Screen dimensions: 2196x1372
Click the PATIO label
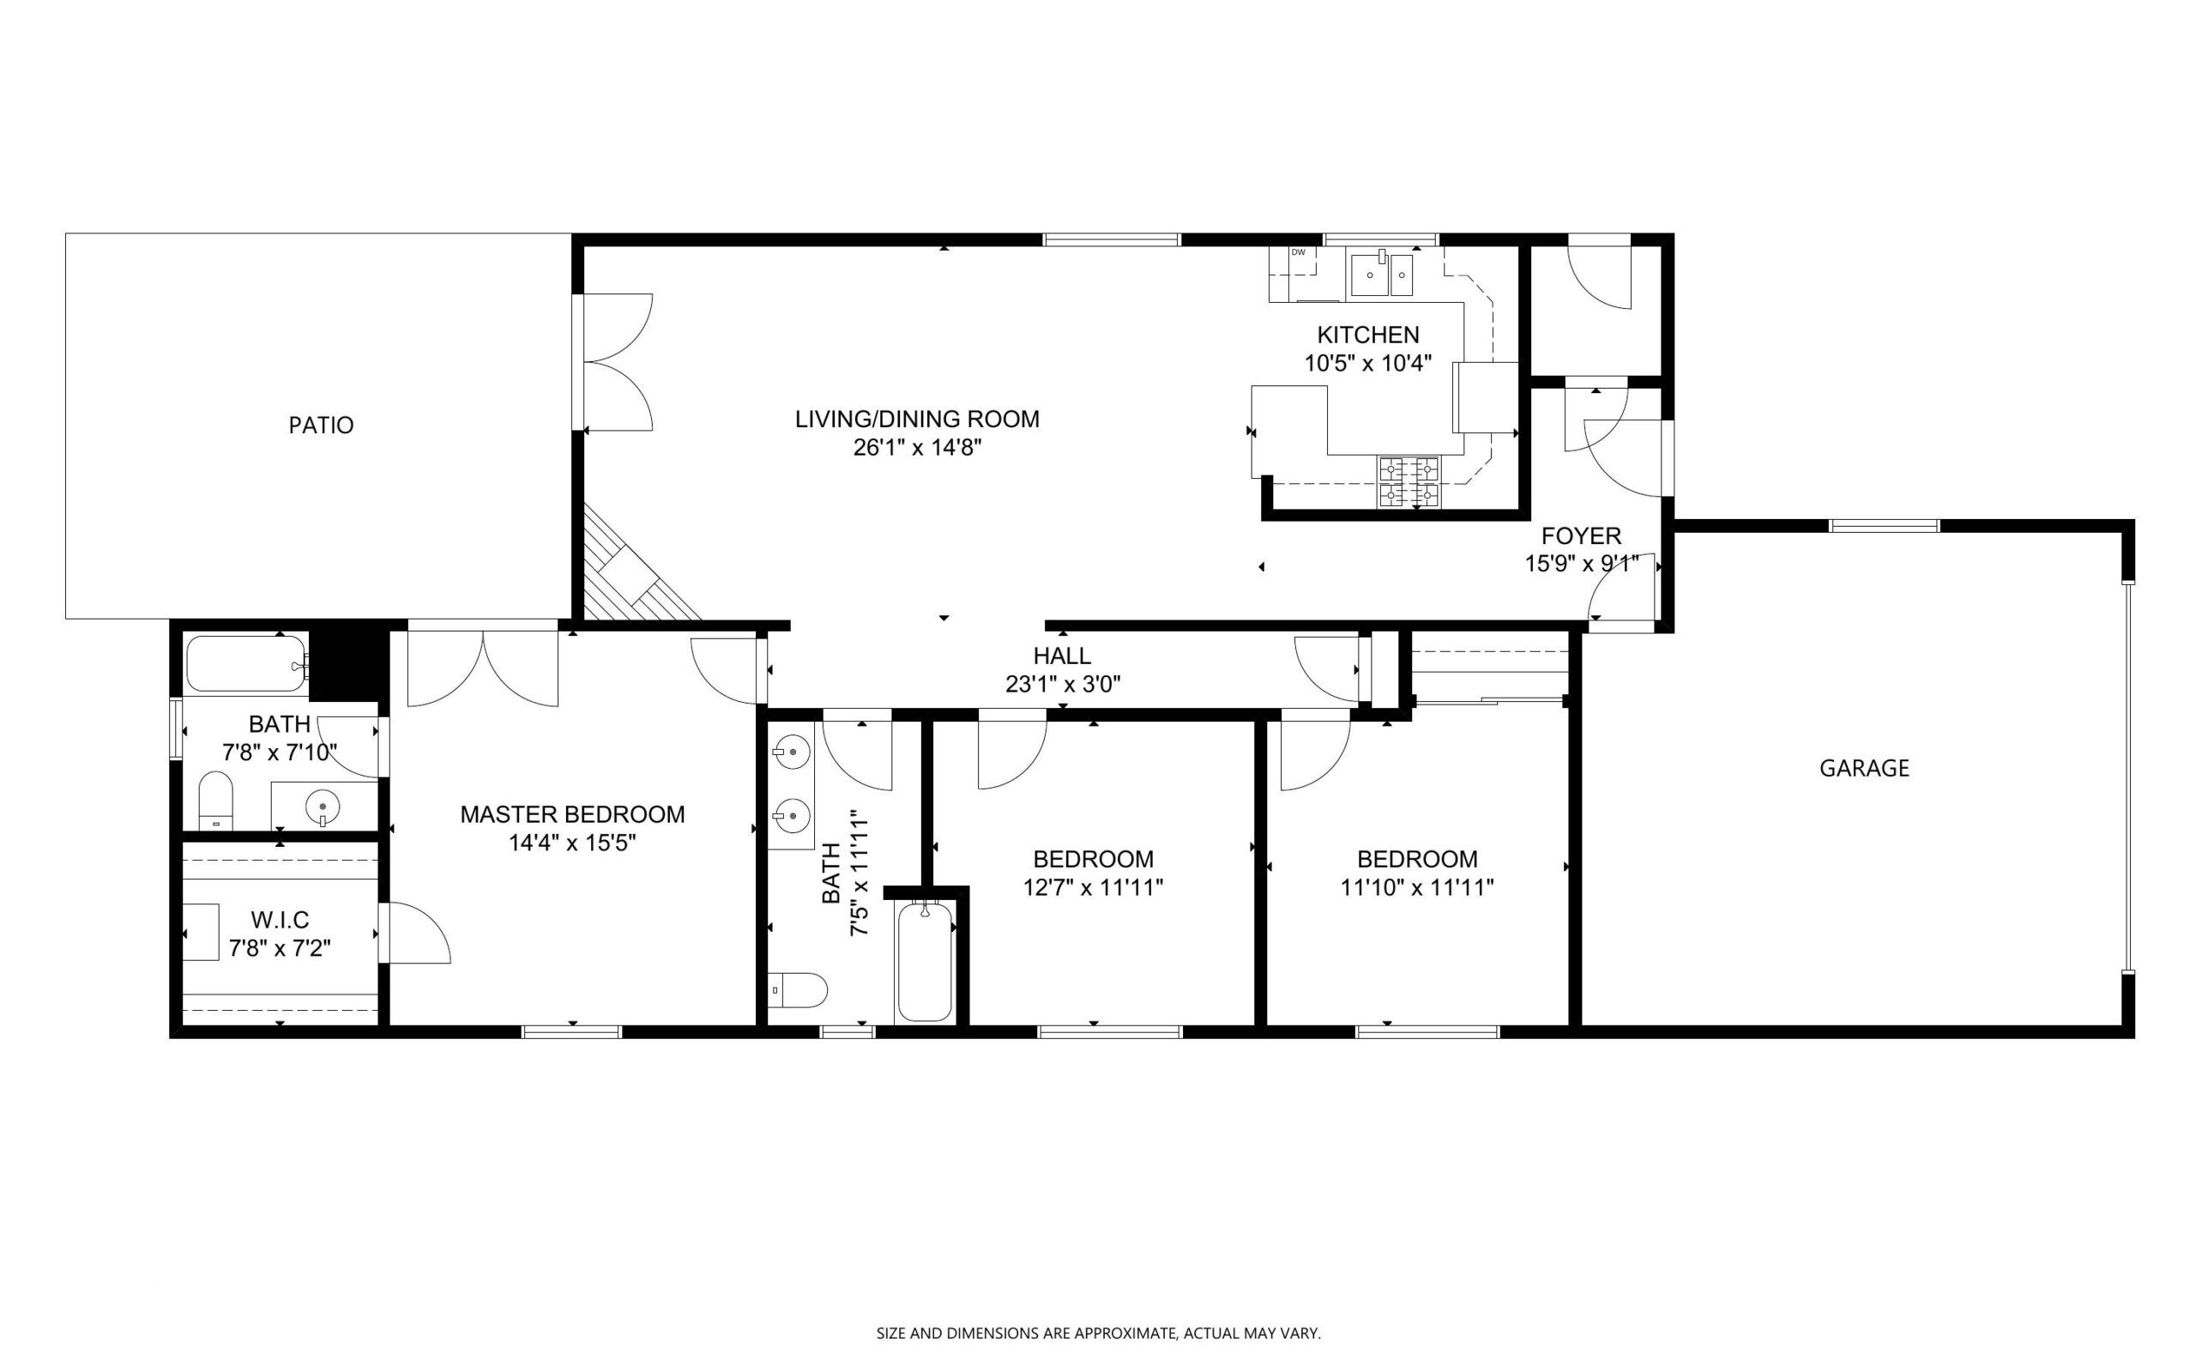tap(321, 425)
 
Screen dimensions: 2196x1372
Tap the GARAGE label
tap(1864, 769)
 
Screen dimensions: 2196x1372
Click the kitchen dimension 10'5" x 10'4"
tap(1368, 364)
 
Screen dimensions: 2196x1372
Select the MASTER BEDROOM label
tap(572, 815)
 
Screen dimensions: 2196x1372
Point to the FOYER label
tap(1581, 535)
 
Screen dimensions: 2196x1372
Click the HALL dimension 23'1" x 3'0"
tap(1063, 684)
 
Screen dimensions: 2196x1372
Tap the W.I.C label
tap(281, 920)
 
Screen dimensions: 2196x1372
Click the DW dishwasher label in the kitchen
tap(1298, 252)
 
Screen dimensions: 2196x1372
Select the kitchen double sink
tap(1381, 274)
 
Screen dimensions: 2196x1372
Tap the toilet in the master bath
tap(216, 801)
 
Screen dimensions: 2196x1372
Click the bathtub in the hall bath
tap(925, 962)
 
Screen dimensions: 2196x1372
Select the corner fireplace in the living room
tap(639, 566)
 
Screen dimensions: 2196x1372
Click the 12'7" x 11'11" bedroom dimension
tap(1093, 887)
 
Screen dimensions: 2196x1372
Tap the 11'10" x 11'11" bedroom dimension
tap(1417, 887)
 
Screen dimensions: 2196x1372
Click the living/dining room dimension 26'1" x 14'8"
tap(917, 447)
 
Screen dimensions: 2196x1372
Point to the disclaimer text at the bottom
tap(1097, 1333)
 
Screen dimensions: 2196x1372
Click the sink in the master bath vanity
tap(322, 805)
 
